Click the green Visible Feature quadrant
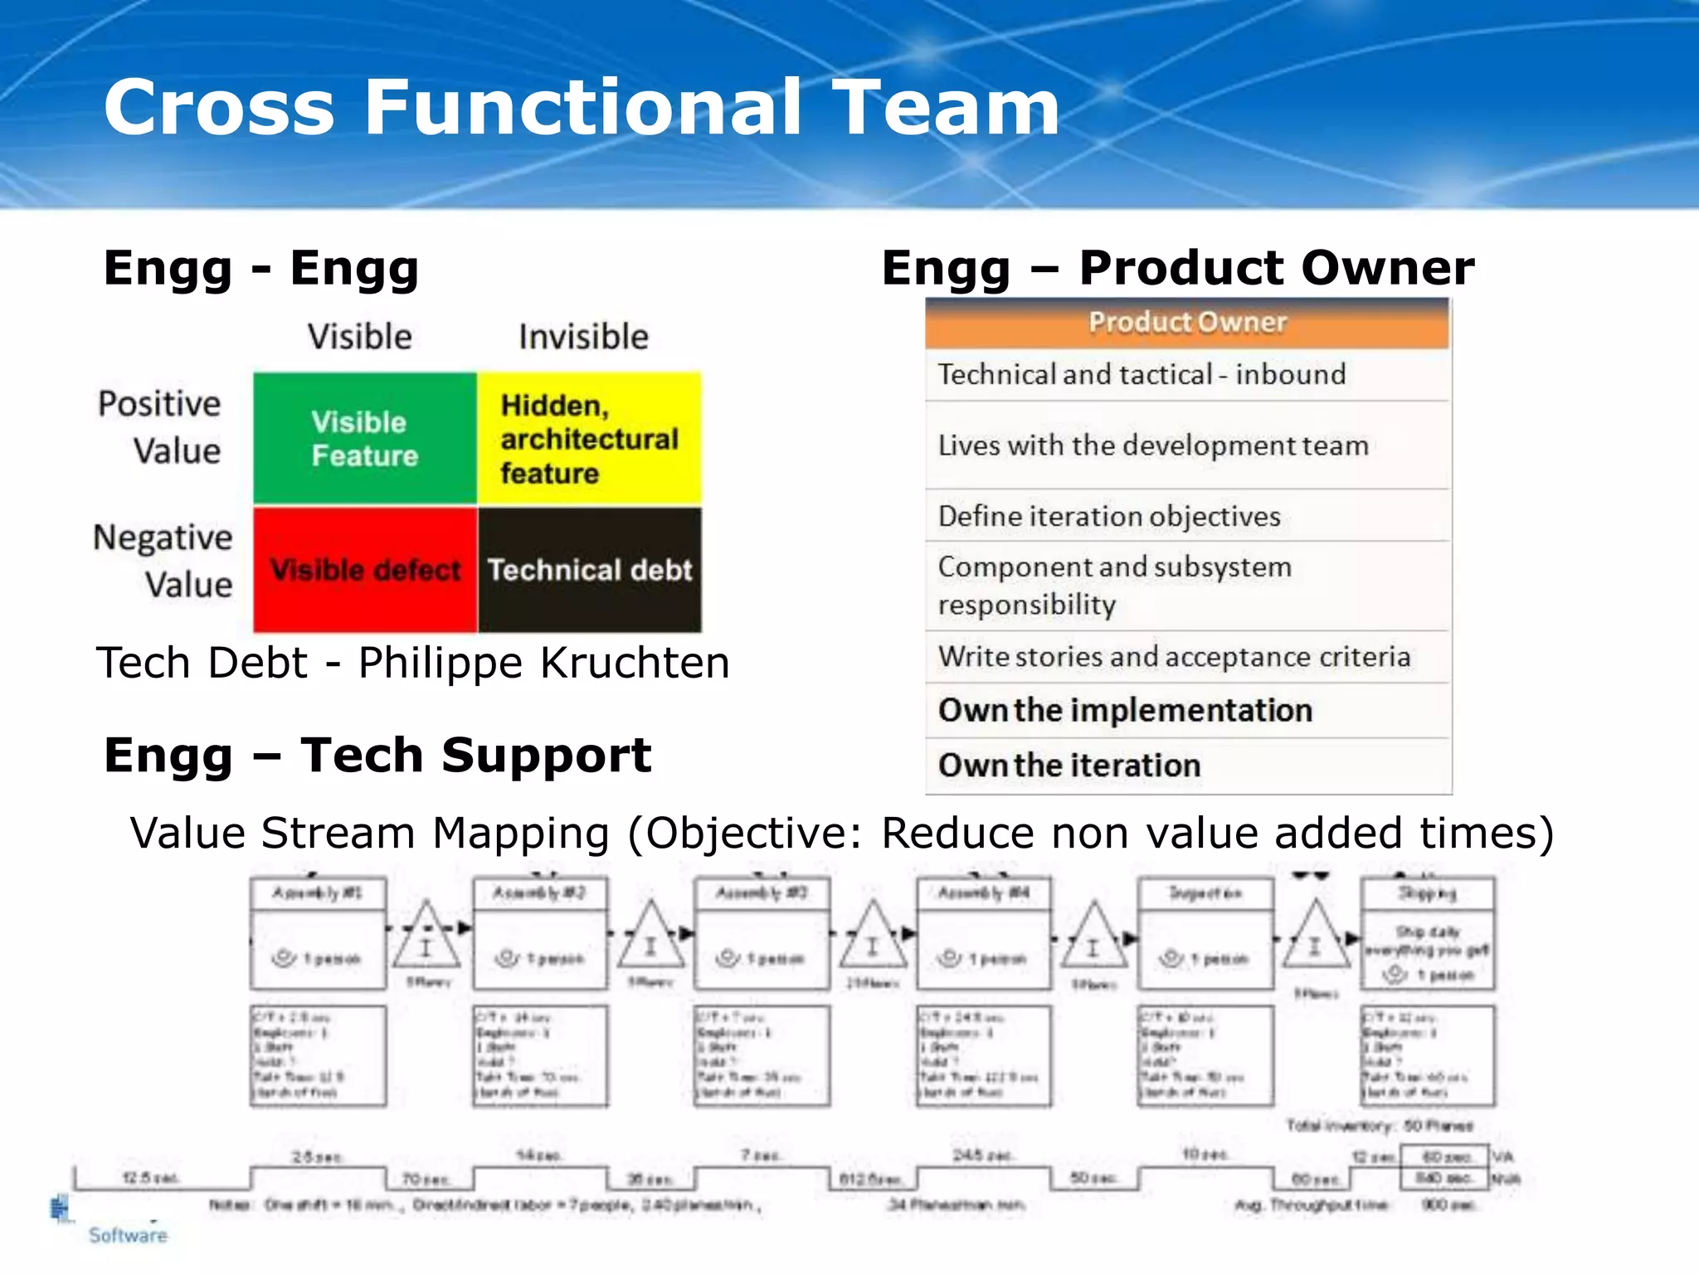pyautogui.click(x=365, y=439)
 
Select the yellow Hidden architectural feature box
pyautogui.click(x=589, y=439)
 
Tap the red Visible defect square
pyautogui.click(x=365, y=571)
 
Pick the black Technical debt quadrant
pyautogui.click(x=589, y=571)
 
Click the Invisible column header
pyautogui.click(x=583, y=338)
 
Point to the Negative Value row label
pyautogui.click(x=163, y=561)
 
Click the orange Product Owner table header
pyautogui.click(x=1187, y=323)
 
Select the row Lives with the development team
pyautogui.click(x=1152, y=446)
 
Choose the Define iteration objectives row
pyautogui.click(x=1109, y=517)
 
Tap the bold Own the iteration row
pyautogui.click(x=1069, y=766)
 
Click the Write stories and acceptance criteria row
pyautogui.click(x=1174, y=657)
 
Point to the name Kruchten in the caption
pyautogui.click(x=635, y=664)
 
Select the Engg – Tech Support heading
pyautogui.click(x=377, y=756)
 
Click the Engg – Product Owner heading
pyautogui.click(x=1177, y=268)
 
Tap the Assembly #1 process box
pyautogui.click(x=318, y=933)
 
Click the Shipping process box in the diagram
pyautogui.click(x=1427, y=933)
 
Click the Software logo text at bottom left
pyautogui.click(x=128, y=1235)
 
